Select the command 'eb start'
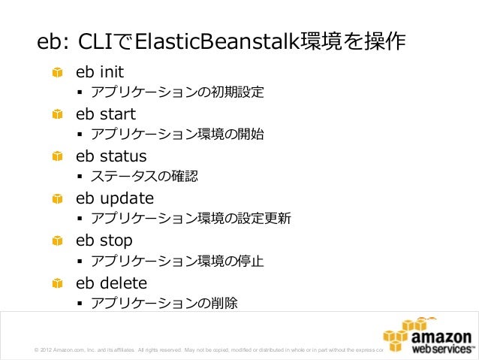[x=105, y=115]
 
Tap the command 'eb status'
[x=110, y=157]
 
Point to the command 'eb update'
[x=114, y=199]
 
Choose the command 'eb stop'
[x=104, y=241]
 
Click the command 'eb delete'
[x=111, y=283]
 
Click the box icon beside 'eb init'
[x=57, y=73]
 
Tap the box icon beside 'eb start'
[x=57, y=115]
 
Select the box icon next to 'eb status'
[x=57, y=157]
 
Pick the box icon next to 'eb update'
[x=57, y=199]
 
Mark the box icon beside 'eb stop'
[x=57, y=241]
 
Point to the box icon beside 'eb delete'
[x=57, y=283]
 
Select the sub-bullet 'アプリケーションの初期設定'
[x=176, y=93]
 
